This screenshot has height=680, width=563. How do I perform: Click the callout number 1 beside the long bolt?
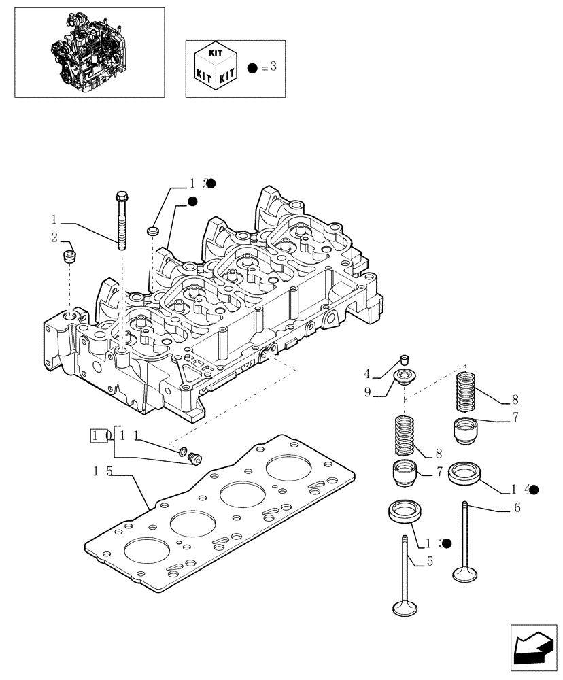click(x=53, y=220)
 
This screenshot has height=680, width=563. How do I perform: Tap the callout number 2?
click(x=53, y=237)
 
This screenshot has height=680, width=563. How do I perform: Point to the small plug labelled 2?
click(x=68, y=258)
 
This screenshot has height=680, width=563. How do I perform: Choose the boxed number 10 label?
click(x=101, y=435)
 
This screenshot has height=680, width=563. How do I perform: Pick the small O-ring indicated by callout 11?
click(x=183, y=450)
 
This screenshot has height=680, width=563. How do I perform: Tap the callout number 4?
click(x=366, y=373)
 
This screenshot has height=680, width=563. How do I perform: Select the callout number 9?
click(x=366, y=392)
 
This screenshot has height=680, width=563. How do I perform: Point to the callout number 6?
click(x=517, y=508)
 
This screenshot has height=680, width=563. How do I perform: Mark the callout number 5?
click(x=429, y=562)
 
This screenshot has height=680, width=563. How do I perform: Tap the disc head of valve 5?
click(x=405, y=607)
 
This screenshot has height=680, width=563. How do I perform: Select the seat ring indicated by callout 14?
click(x=464, y=471)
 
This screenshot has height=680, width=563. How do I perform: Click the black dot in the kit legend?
click(x=252, y=68)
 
